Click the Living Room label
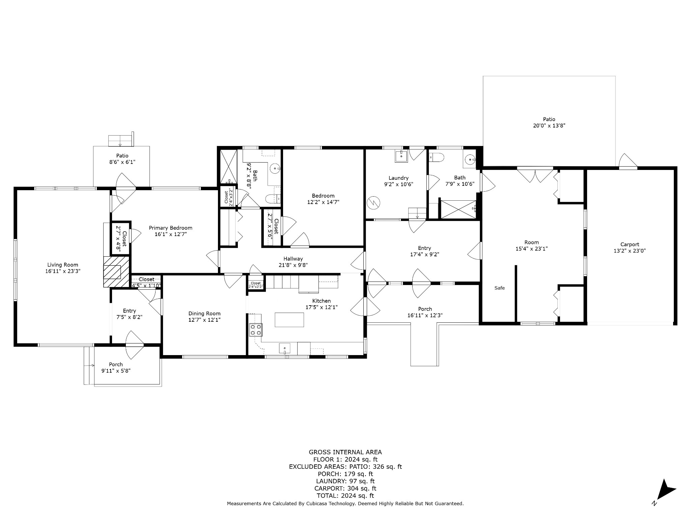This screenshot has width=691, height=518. click(63, 265)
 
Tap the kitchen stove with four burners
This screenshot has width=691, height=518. click(255, 329)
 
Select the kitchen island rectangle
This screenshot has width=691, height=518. click(289, 320)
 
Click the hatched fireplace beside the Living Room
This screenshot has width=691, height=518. click(116, 271)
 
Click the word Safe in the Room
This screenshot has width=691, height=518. click(499, 288)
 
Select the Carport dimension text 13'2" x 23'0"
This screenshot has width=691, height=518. click(630, 251)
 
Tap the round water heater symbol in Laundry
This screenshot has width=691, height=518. click(374, 203)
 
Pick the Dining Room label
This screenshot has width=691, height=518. click(204, 313)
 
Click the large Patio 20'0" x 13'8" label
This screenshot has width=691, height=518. click(549, 122)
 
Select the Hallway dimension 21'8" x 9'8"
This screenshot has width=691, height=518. click(293, 265)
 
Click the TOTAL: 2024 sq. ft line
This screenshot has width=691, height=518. click(345, 495)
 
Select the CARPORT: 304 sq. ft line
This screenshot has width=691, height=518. click(345, 488)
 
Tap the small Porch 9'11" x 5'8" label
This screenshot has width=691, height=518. click(116, 368)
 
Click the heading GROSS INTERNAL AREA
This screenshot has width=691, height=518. click(345, 452)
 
